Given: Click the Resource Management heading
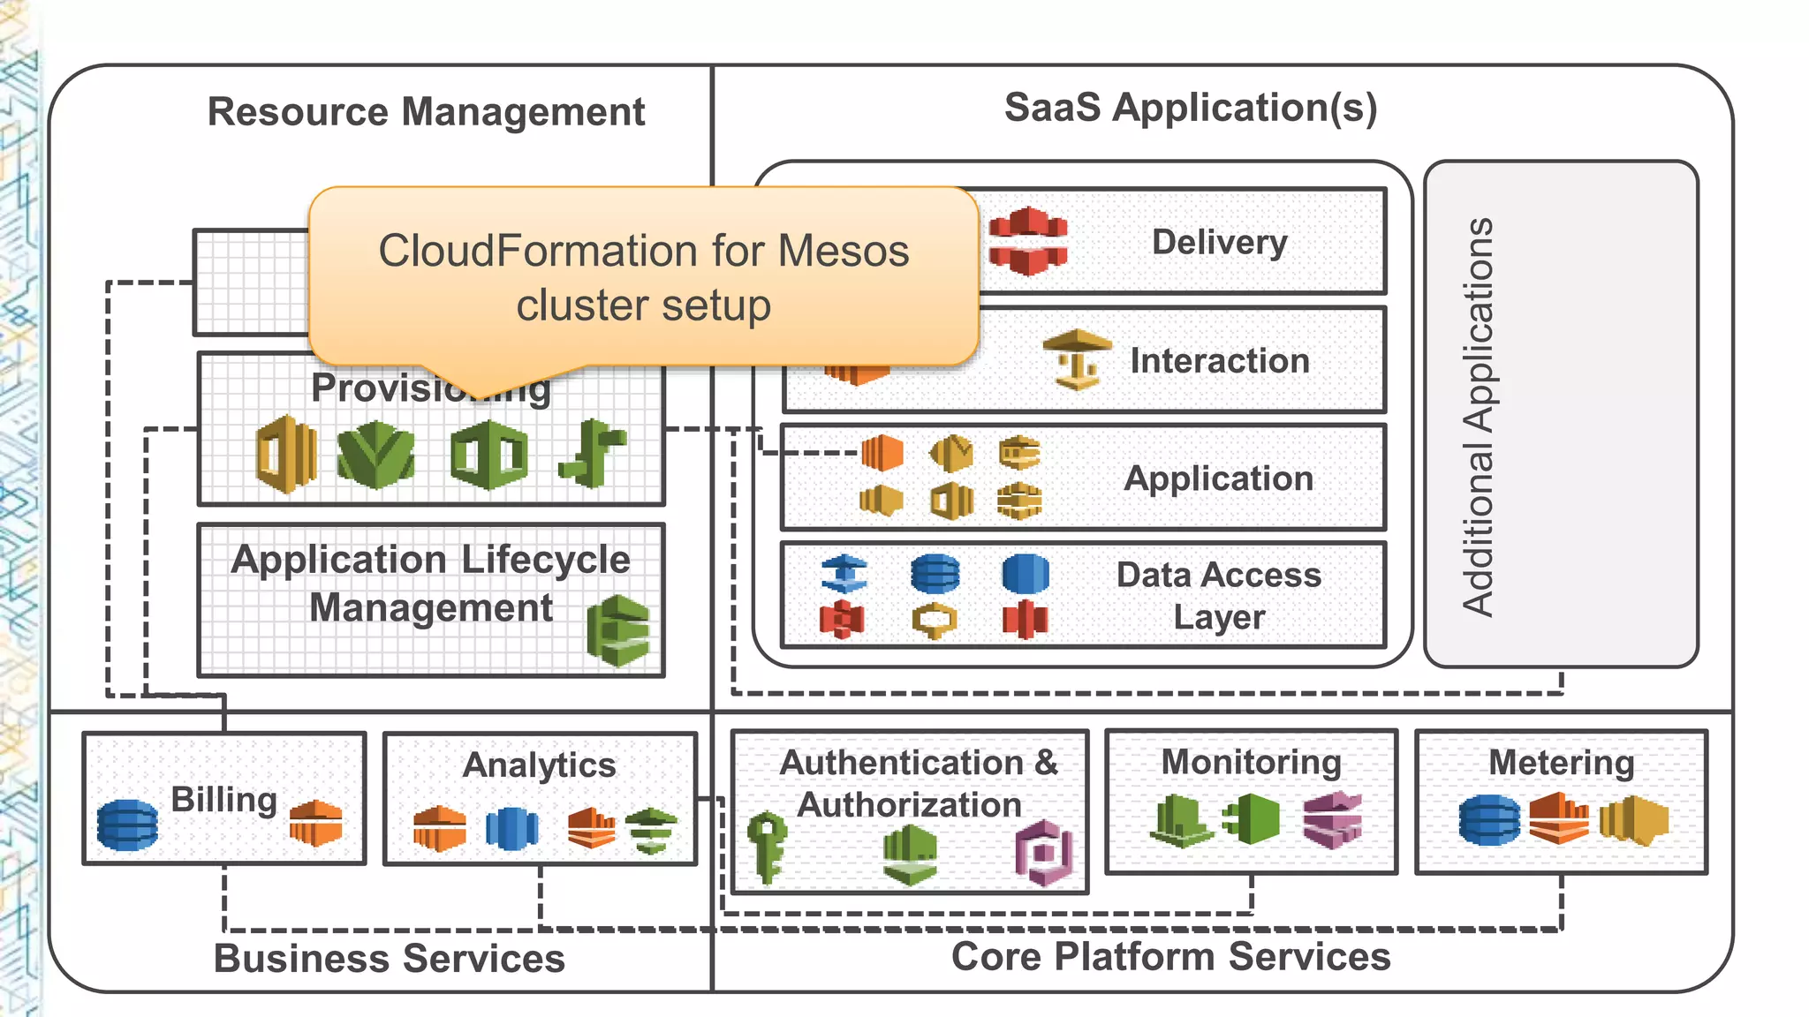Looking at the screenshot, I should click(426, 112).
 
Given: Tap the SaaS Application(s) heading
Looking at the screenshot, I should click(1190, 108).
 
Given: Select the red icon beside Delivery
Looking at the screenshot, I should click(1027, 241).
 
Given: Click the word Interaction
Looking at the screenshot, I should click(1219, 360).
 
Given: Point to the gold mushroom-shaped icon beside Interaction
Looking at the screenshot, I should click(1077, 358).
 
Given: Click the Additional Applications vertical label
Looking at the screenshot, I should click(1477, 415).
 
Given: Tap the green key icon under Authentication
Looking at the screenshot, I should click(766, 846).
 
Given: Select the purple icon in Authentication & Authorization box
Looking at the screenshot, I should click(1044, 852).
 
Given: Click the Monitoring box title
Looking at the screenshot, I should click(1251, 762).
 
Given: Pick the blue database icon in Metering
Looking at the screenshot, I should click(1489, 819).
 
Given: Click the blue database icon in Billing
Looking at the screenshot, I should click(128, 825).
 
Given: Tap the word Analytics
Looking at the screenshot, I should click(539, 765).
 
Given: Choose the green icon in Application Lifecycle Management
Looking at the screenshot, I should click(618, 630).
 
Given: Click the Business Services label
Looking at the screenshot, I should click(389, 958).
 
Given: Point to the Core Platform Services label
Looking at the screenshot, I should click(1170, 956).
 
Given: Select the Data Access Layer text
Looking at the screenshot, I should click(1218, 595).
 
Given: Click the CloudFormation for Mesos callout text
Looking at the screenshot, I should click(643, 277).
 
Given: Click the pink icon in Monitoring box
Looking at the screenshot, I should click(1332, 819).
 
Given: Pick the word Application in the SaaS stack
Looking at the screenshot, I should click(1218, 478).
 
